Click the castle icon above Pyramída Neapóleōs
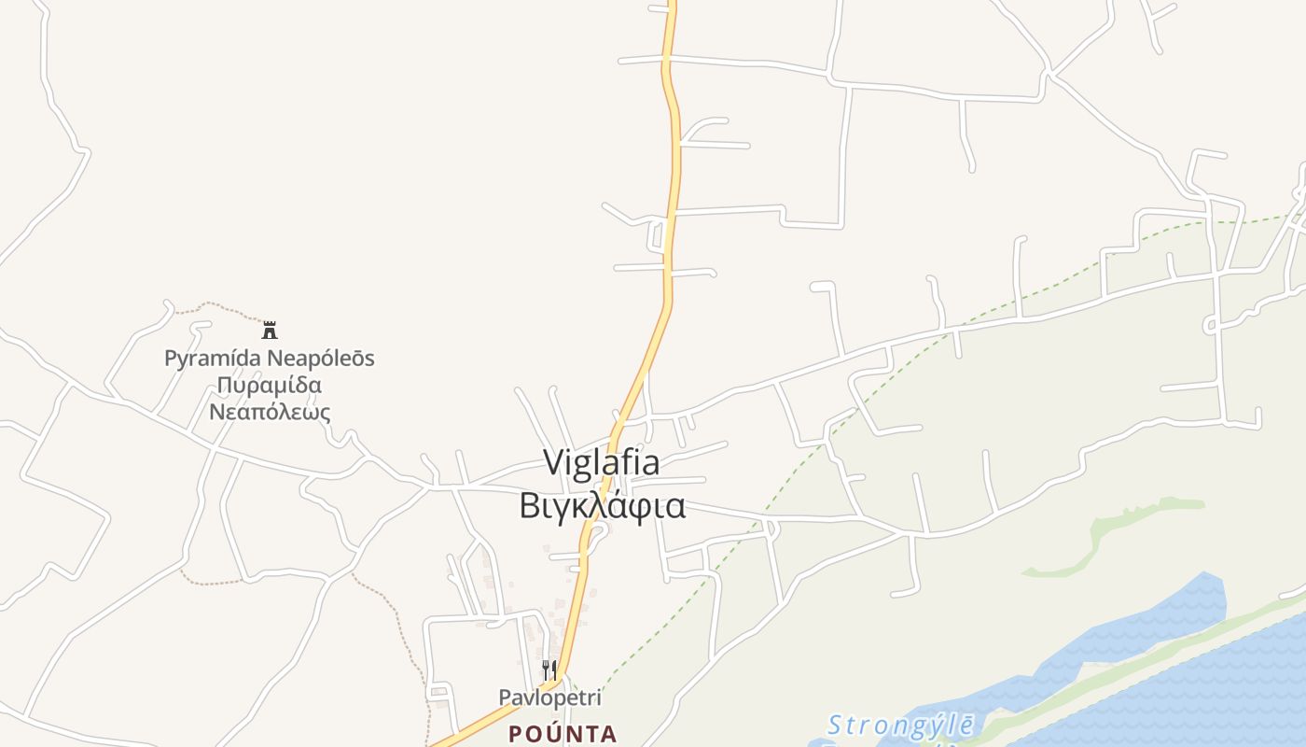pos(270,330)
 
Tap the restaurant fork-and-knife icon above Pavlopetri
pos(549,669)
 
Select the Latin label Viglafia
pos(601,462)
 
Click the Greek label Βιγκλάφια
pos(602,505)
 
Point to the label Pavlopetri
pos(549,698)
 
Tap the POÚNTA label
pos(563,734)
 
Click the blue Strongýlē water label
pos(901,725)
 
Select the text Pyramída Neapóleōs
pos(269,358)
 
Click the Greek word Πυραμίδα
pos(269,385)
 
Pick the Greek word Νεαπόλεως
pos(269,412)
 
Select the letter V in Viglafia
pos(552,462)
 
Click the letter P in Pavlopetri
pos(505,698)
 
